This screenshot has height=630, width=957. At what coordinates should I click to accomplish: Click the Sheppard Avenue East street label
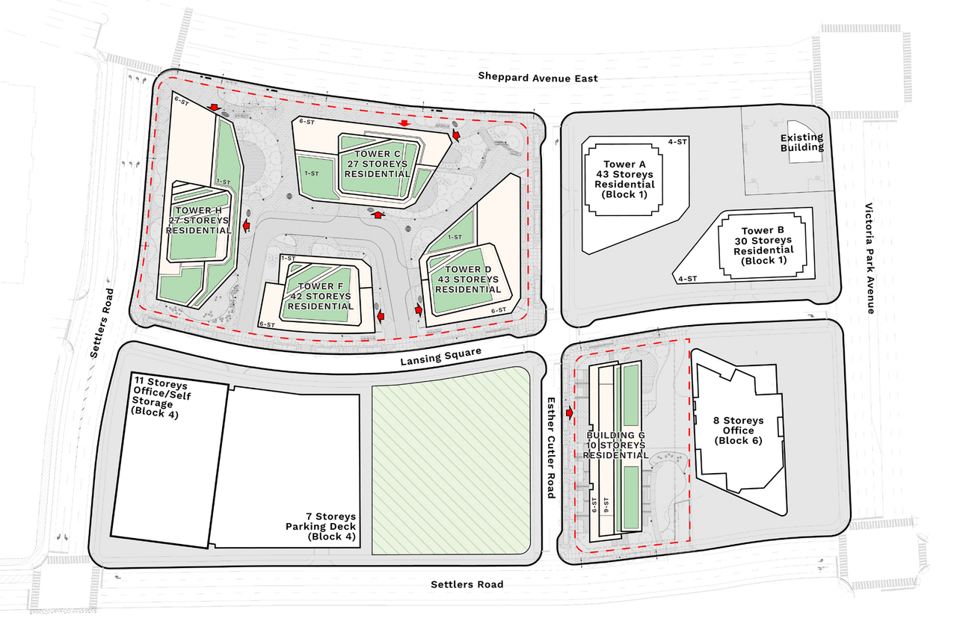point(538,78)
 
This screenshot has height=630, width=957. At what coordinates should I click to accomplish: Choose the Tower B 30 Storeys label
point(762,246)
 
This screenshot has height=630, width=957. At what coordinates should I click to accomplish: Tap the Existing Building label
point(801,142)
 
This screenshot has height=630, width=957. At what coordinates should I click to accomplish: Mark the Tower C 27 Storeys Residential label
point(378,164)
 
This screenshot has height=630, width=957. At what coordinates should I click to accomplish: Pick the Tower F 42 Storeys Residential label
point(320,296)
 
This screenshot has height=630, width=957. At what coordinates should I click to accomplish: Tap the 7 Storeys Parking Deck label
point(330,526)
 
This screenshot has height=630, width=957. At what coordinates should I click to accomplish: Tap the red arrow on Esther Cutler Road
point(570,413)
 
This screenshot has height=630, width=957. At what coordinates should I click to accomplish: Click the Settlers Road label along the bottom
point(467,584)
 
